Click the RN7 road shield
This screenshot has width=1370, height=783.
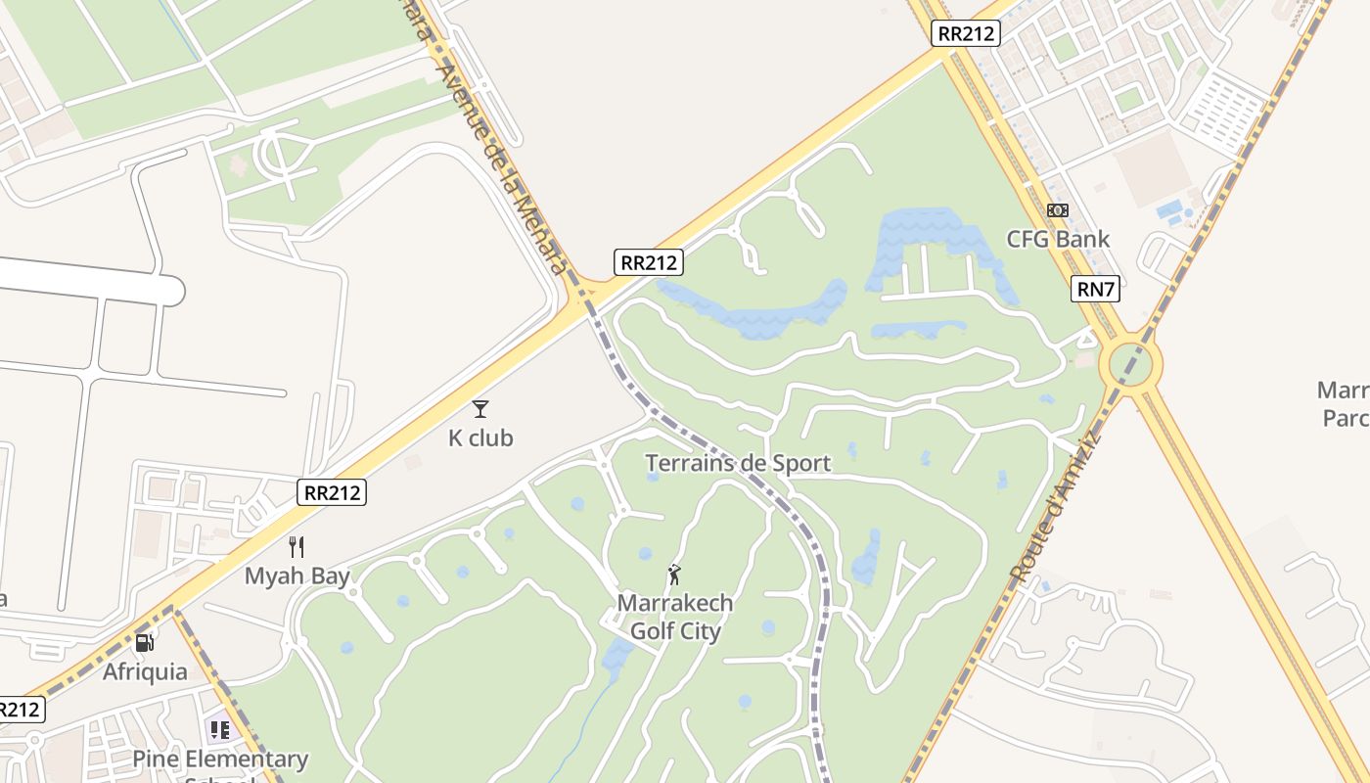[x=1096, y=289]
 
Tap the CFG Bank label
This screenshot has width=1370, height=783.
[x=1058, y=239]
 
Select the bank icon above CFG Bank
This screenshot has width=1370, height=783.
[x=1058, y=210]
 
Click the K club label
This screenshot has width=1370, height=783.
[x=480, y=438]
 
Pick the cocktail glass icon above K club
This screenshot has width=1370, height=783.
[x=480, y=409]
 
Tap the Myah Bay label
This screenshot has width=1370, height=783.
[x=297, y=576]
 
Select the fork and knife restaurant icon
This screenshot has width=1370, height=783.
[x=297, y=547]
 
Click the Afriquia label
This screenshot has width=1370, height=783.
[x=145, y=671]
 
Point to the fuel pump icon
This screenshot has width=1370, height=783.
[x=145, y=643]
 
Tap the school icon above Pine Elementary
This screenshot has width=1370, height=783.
[x=220, y=730]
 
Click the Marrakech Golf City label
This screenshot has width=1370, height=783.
[x=675, y=617]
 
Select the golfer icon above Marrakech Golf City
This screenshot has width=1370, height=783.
[x=674, y=575]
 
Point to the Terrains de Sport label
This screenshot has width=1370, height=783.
[x=738, y=463]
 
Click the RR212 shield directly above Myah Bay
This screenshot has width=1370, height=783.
[x=332, y=492]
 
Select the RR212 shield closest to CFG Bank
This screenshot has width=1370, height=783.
[x=965, y=33]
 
